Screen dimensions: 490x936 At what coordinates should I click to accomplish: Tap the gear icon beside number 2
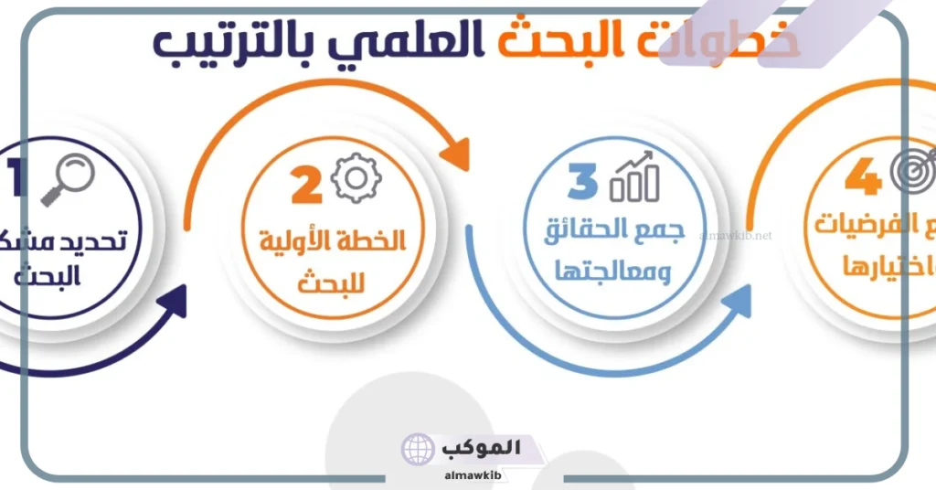click(x=354, y=178)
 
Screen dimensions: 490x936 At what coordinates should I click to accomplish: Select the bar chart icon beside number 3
click(x=635, y=177)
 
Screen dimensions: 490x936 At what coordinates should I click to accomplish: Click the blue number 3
click(x=581, y=180)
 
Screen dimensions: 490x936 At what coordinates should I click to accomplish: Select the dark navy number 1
click(x=16, y=177)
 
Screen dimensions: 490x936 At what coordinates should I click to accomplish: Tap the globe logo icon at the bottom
click(x=418, y=450)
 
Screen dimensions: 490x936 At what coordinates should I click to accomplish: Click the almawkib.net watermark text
click(x=736, y=235)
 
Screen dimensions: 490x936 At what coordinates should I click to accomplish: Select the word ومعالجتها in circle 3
click(x=619, y=272)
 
